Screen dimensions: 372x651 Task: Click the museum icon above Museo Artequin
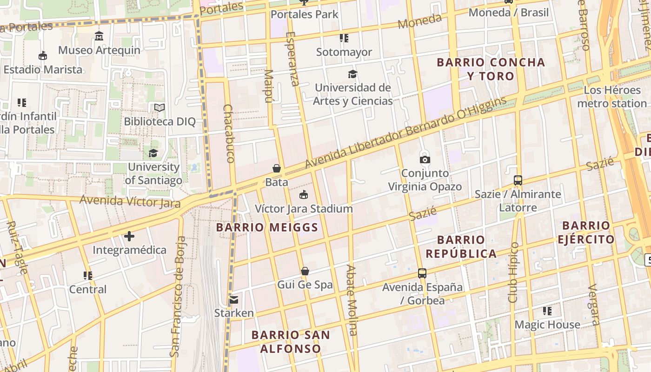(x=99, y=36)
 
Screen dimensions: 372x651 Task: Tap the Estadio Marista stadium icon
(x=43, y=56)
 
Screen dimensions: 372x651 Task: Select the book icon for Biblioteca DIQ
(x=159, y=108)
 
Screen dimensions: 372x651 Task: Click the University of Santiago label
(x=153, y=173)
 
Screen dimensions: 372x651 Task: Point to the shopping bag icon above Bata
(x=277, y=168)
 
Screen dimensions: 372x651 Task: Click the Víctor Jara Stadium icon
(x=304, y=194)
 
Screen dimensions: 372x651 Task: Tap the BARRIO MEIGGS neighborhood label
(x=267, y=227)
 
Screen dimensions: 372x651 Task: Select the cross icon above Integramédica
(x=129, y=236)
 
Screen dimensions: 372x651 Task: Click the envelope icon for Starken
(x=234, y=299)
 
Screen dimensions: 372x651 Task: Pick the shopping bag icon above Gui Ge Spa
(x=305, y=271)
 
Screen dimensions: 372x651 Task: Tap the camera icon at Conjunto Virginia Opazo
(x=425, y=159)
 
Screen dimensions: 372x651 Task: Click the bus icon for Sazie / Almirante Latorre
(x=518, y=180)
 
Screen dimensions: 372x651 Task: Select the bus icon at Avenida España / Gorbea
(x=422, y=273)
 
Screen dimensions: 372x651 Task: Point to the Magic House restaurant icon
(x=547, y=311)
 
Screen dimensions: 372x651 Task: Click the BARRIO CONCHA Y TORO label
(x=491, y=69)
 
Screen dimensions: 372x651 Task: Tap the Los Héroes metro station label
(x=611, y=97)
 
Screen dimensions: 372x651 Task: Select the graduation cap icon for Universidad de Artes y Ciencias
(x=352, y=74)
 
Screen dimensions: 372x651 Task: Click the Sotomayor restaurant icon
(x=344, y=38)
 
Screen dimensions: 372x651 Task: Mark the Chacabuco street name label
(x=228, y=133)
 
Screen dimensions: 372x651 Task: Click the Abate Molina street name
(x=352, y=300)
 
